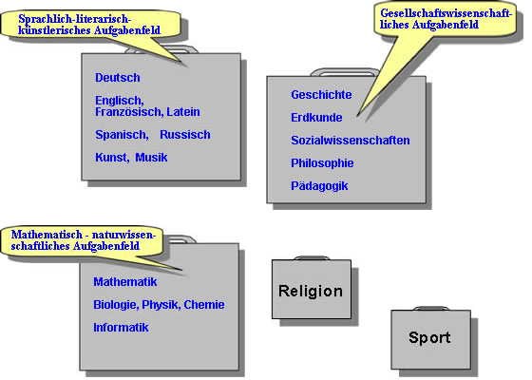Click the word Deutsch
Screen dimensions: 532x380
(x=118, y=78)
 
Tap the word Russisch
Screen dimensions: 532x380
(x=185, y=135)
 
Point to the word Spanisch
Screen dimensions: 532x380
(x=122, y=135)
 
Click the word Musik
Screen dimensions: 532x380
(x=151, y=158)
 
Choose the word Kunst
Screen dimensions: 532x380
(x=112, y=158)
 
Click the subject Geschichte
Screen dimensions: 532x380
(x=321, y=95)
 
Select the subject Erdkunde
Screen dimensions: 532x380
(x=316, y=118)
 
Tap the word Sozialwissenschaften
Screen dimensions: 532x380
(x=351, y=141)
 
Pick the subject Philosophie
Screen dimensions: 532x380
(x=322, y=163)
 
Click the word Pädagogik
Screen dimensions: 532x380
(x=319, y=186)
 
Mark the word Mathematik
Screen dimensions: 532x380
(x=125, y=282)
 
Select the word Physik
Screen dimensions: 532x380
(x=161, y=305)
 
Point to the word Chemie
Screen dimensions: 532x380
(x=204, y=305)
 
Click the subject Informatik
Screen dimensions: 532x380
(x=121, y=328)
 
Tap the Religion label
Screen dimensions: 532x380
(x=311, y=292)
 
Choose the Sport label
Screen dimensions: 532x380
(x=429, y=338)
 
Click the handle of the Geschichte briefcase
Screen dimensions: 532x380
(x=344, y=70)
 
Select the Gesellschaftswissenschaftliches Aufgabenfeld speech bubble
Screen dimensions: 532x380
(x=445, y=20)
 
